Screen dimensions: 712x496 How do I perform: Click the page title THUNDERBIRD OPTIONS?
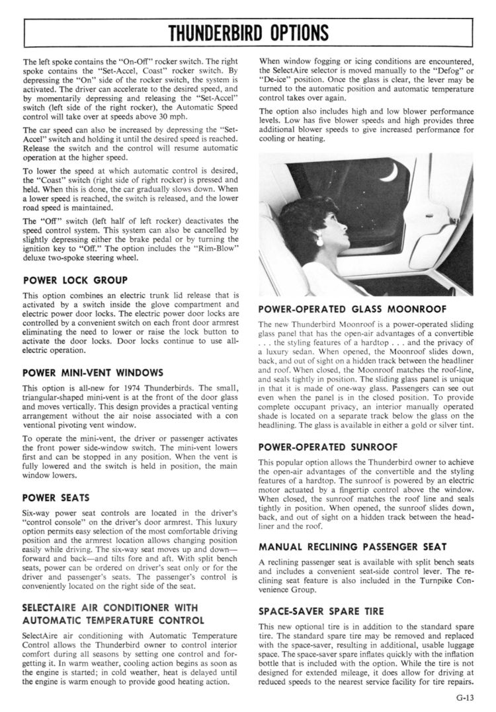(248, 32)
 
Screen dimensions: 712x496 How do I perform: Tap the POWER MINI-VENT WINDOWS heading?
(93, 372)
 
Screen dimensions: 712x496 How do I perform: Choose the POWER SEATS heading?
(56, 497)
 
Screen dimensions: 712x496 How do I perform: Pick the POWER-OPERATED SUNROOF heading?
(337, 447)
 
